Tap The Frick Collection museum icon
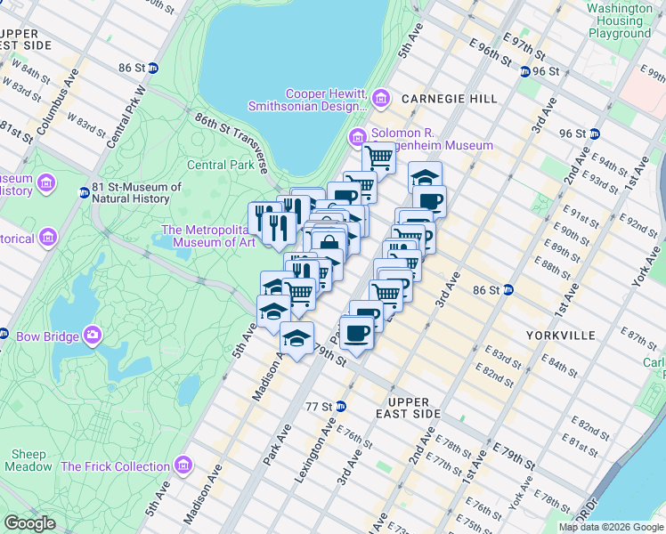tap(183, 465)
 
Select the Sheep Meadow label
tap(28, 460)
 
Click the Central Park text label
tap(221, 165)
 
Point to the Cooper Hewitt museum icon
tap(381, 97)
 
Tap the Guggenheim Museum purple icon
tap(358, 137)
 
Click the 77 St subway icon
tap(341, 406)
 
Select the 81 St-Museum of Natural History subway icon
tap(84, 190)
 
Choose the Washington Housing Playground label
tap(619, 20)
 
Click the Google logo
tap(30, 522)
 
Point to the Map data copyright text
tap(611, 527)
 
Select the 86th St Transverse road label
tap(232, 140)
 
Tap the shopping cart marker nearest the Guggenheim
tap(378, 158)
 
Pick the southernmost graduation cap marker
tap(296, 336)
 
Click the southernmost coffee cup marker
tap(356, 333)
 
